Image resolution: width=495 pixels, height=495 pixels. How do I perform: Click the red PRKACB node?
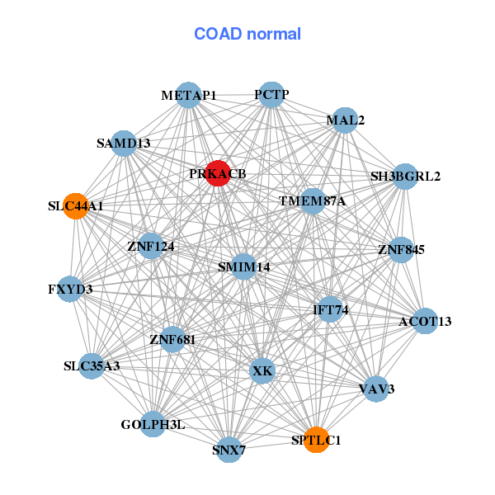[x=217, y=173]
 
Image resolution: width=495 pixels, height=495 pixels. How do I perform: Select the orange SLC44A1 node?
[x=75, y=205]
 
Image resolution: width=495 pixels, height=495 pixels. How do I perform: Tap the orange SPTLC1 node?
[x=316, y=440]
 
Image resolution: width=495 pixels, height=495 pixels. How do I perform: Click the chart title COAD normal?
[x=247, y=34]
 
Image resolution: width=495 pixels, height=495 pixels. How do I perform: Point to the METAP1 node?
[x=189, y=95]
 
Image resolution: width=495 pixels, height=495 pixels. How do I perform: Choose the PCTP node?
[x=271, y=94]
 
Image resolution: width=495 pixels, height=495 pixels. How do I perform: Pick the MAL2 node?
[x=345, y=120]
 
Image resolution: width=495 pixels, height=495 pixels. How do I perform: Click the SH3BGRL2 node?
[x=405, y=176]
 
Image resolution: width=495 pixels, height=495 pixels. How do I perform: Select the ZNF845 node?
[x=401, y=249]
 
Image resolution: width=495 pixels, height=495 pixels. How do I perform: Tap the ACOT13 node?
[x=425, y=321]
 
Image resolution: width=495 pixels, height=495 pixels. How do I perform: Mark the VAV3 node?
[x=375, y=389]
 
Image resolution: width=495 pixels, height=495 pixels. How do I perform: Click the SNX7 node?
[x=229, y=450]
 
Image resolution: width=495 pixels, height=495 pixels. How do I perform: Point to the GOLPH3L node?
[x=153, y=424]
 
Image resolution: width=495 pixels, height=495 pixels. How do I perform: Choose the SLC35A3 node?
[x=92, y=365]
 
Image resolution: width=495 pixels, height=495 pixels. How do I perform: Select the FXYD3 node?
[x=70, y=289]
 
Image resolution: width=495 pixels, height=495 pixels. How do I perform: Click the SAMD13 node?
[x=123, y=143]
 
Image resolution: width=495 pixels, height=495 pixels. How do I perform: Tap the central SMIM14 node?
[x=243, y=266]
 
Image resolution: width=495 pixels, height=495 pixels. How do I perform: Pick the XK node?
[x=262, y=371]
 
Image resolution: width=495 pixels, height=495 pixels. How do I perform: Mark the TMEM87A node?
[x=312, y=200]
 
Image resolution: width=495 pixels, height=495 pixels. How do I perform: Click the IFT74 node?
[x=330, y=309]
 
